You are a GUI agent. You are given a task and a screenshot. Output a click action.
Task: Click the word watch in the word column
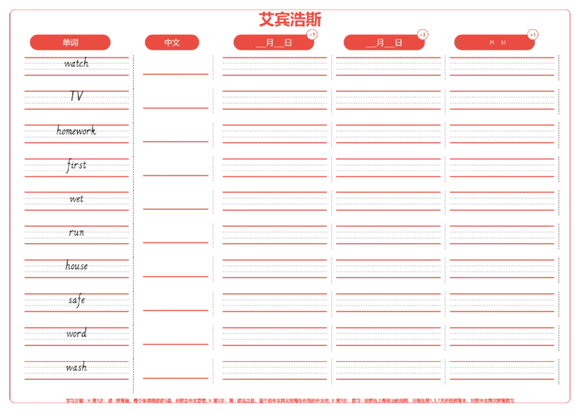point(76,63)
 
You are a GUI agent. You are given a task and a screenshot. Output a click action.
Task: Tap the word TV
point(76,95)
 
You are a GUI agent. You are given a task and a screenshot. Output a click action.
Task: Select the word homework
point(76,131)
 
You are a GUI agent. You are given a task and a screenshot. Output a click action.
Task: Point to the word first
point(76,165)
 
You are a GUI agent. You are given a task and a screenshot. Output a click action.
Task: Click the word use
point(76,198)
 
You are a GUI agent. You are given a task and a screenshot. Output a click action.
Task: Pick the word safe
point(76,299)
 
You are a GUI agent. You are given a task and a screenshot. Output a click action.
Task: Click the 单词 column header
point(71,43)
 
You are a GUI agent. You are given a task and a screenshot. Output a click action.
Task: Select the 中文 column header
point(172,43)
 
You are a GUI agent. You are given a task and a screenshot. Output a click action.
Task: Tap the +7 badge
point(312,35)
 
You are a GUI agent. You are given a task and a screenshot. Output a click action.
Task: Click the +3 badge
point(423,35)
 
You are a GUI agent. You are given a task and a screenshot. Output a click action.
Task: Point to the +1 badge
point(533,35)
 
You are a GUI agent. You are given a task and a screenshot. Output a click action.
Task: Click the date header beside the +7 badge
point(274,43)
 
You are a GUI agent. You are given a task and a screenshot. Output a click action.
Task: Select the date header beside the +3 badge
point(384,43)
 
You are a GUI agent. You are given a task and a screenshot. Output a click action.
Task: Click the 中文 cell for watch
point(175,63)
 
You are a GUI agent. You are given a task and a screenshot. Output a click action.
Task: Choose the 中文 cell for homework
point(175,131)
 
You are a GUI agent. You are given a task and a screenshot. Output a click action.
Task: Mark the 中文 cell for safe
point(175,299)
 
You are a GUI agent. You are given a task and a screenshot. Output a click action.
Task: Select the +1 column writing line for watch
point(501,65)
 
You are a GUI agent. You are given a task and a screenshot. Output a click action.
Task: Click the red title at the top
point(290,18)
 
